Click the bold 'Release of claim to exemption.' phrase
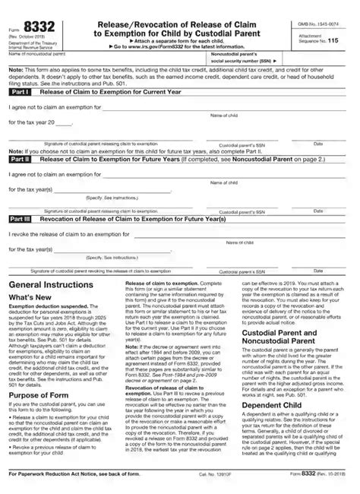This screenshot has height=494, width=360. (151, 282)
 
